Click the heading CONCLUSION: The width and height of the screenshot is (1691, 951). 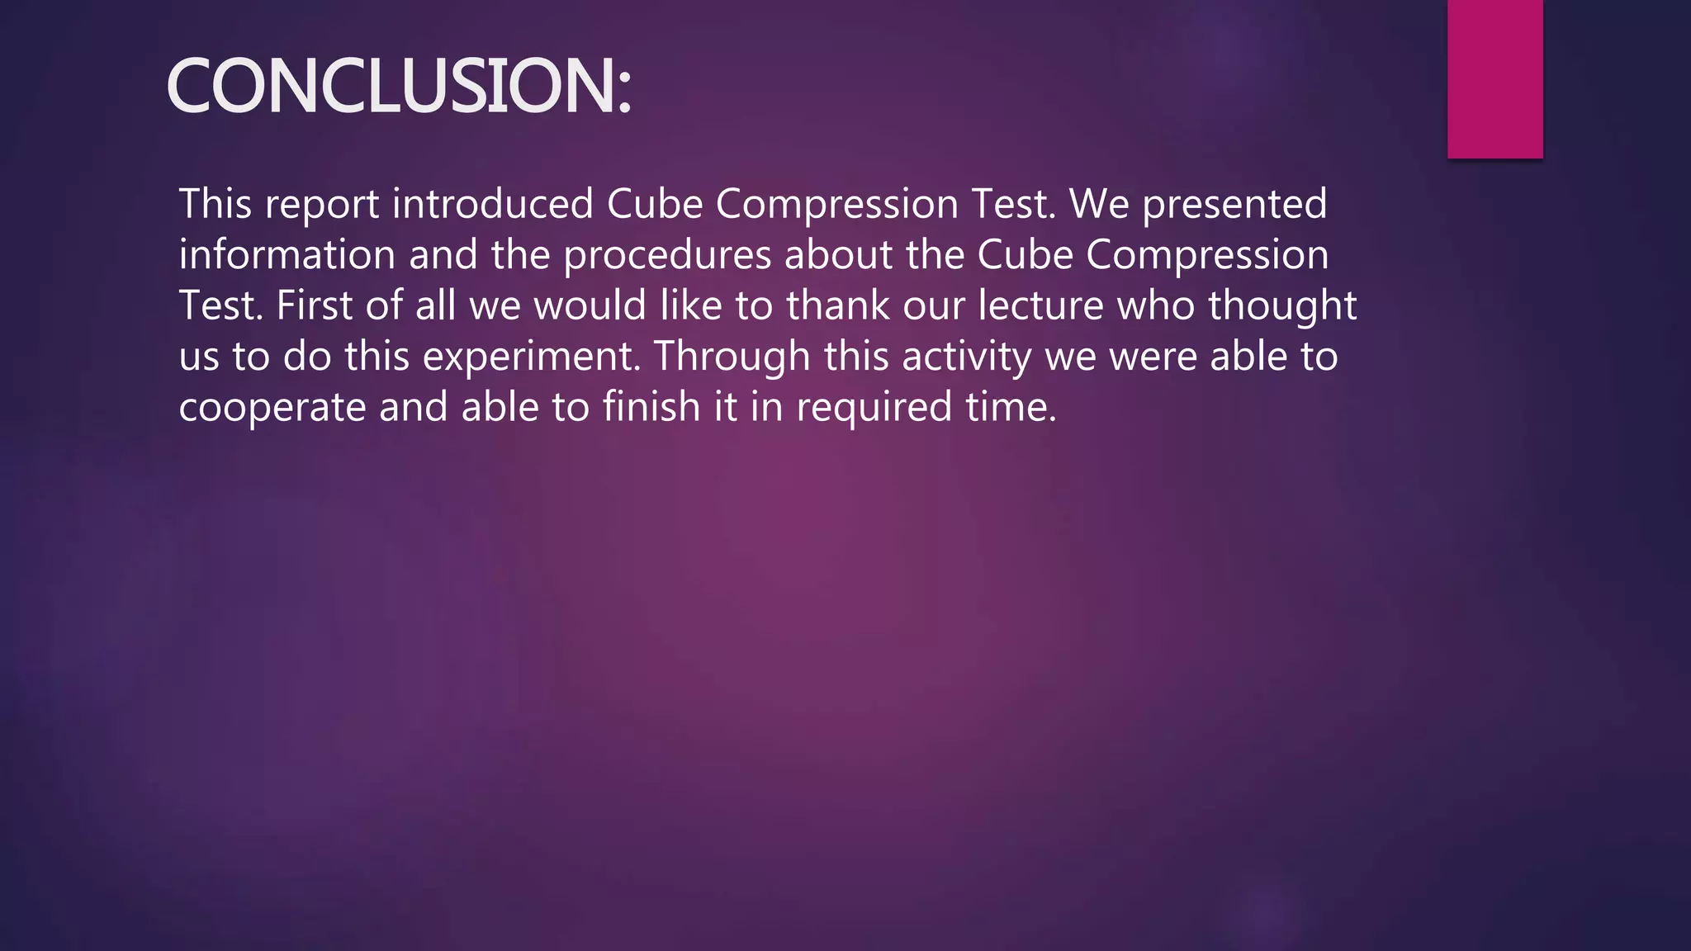(x=399, y=86)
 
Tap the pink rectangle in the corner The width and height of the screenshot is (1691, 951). (x=1494, y=78)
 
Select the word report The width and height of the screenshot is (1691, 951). (x=322, y=205)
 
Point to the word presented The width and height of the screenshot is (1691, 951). (x=1234, y=205)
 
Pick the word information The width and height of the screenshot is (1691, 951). (x=287, y=254)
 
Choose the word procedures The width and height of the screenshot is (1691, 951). (x=667, y=256)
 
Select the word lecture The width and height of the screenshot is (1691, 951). (x=1040, y=305)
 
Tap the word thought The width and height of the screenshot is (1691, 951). (x=1282, y=306)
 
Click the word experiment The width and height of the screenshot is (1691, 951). (x=532, y=357)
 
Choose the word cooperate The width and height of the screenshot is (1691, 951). (x=272, y=408)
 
